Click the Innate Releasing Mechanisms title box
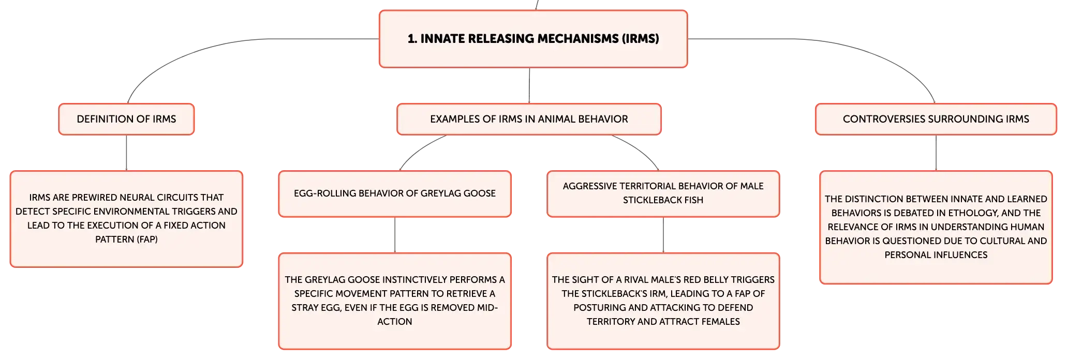pyautogui.click(x=533, y=39)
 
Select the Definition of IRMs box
pyautogui.click(x=126, y=119)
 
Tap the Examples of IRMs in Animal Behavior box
pyautogui.click(x=529, y=119)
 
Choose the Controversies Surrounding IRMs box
pyautogui.click(x=936, y=119)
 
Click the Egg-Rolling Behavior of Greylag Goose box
pyautogui.click(x=395, y=193)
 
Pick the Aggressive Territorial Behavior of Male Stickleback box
pyautogui.click(x=663, y=193)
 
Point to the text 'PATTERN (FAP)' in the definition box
pyautogui.click(x=126, y=239)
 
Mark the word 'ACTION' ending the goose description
pyautogui.click(x=395, y=322)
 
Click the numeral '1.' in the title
pyautogui.click(x=412, y=39)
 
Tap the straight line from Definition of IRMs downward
pyautogui.click(x=126, y=153)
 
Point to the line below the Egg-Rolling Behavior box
pyautogui.click(x=395, y=235)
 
